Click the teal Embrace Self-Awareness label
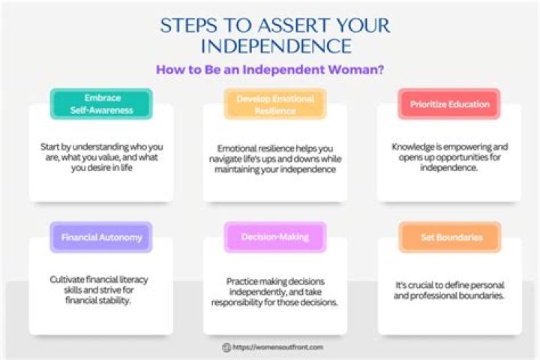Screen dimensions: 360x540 point(101,103)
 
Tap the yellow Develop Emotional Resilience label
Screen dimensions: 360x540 point(275,103)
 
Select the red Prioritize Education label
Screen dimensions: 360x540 point(449,103)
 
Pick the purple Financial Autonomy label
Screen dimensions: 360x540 point(101,237)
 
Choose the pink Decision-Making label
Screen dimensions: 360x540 point(275,237)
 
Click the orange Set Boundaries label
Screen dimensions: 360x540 point(449,237)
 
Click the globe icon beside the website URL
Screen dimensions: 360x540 point(226,348)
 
